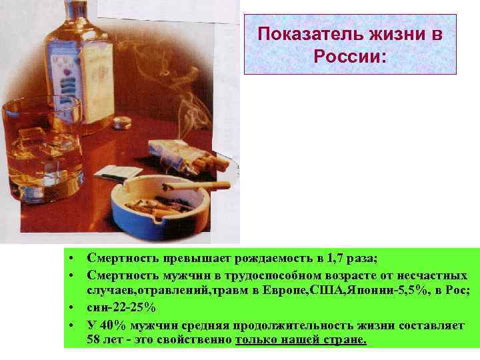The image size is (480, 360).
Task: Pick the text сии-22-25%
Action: pyautogui.click(x=122, y=307)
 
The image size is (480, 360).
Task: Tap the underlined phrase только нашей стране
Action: pyautogui.click(x=301, y=339)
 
